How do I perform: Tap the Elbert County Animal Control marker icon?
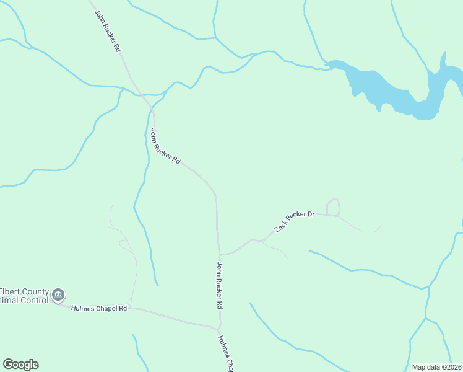click(58, 294)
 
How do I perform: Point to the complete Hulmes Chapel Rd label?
click(99, 308)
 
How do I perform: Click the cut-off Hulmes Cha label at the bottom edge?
click(226, 354)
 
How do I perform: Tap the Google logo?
click(21, 365)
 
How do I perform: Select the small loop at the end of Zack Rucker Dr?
click(333, 207)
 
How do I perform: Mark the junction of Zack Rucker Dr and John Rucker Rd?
click(219, 254)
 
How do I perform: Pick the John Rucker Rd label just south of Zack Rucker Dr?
click(219, 285)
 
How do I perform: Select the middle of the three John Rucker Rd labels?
click(165, 146)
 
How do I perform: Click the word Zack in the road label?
click(281, 228)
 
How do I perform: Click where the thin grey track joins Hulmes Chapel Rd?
click(131, 307)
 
